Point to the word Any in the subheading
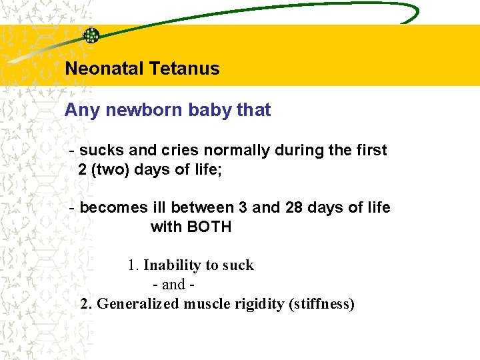pyautogui.click(x=80, y=110)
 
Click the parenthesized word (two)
pyautogui.click(x=111, y=169)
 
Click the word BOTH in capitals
pyautogui.click(x=209, y=227)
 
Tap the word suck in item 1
pyautogui.click(x=239, y=265)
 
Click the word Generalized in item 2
pyautogui.click(x=138, y=304)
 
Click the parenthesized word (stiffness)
pyautogui.click(x=321, y=304)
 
